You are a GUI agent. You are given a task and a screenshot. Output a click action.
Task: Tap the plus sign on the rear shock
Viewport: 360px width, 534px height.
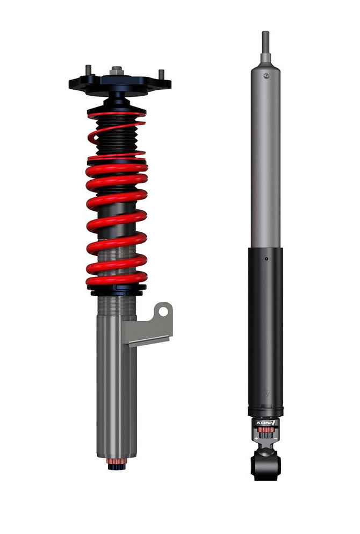point(256,438)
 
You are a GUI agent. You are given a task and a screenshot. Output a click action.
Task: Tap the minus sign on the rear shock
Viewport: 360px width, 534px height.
point(276,438)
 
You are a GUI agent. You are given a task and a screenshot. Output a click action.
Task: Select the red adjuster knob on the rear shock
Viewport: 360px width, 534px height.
point(266,433)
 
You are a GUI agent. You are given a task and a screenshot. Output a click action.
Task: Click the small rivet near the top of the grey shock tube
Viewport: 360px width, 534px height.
point(266,76)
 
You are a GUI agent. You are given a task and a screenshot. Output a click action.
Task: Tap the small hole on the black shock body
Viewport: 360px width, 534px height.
point(266,259)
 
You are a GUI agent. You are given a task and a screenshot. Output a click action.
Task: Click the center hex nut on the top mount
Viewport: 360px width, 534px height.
point(117,71)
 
